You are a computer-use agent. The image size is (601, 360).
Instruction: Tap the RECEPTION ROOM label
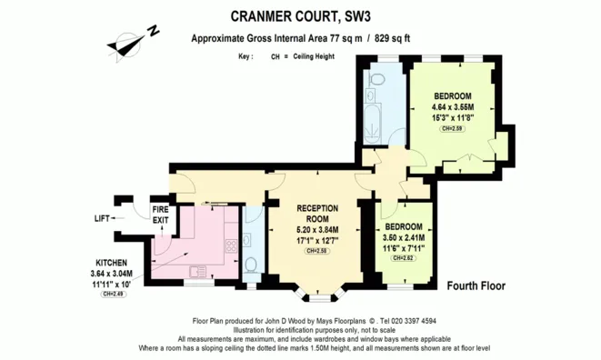coord(317,213)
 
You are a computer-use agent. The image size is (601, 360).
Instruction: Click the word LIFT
coord(104,219)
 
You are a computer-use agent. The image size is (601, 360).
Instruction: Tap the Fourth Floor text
coord(476,285)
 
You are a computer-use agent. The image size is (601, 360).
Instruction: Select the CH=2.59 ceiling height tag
coord(452,129)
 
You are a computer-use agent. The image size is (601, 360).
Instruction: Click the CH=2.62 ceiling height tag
coord(403,258)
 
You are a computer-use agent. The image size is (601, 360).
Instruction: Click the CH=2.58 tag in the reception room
coord(317,251)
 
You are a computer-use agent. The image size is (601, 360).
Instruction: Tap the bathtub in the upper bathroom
coord(374,117)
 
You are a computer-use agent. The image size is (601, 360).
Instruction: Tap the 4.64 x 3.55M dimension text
coord(452,107)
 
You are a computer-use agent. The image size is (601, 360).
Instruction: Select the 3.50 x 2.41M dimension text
coord(403,237)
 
